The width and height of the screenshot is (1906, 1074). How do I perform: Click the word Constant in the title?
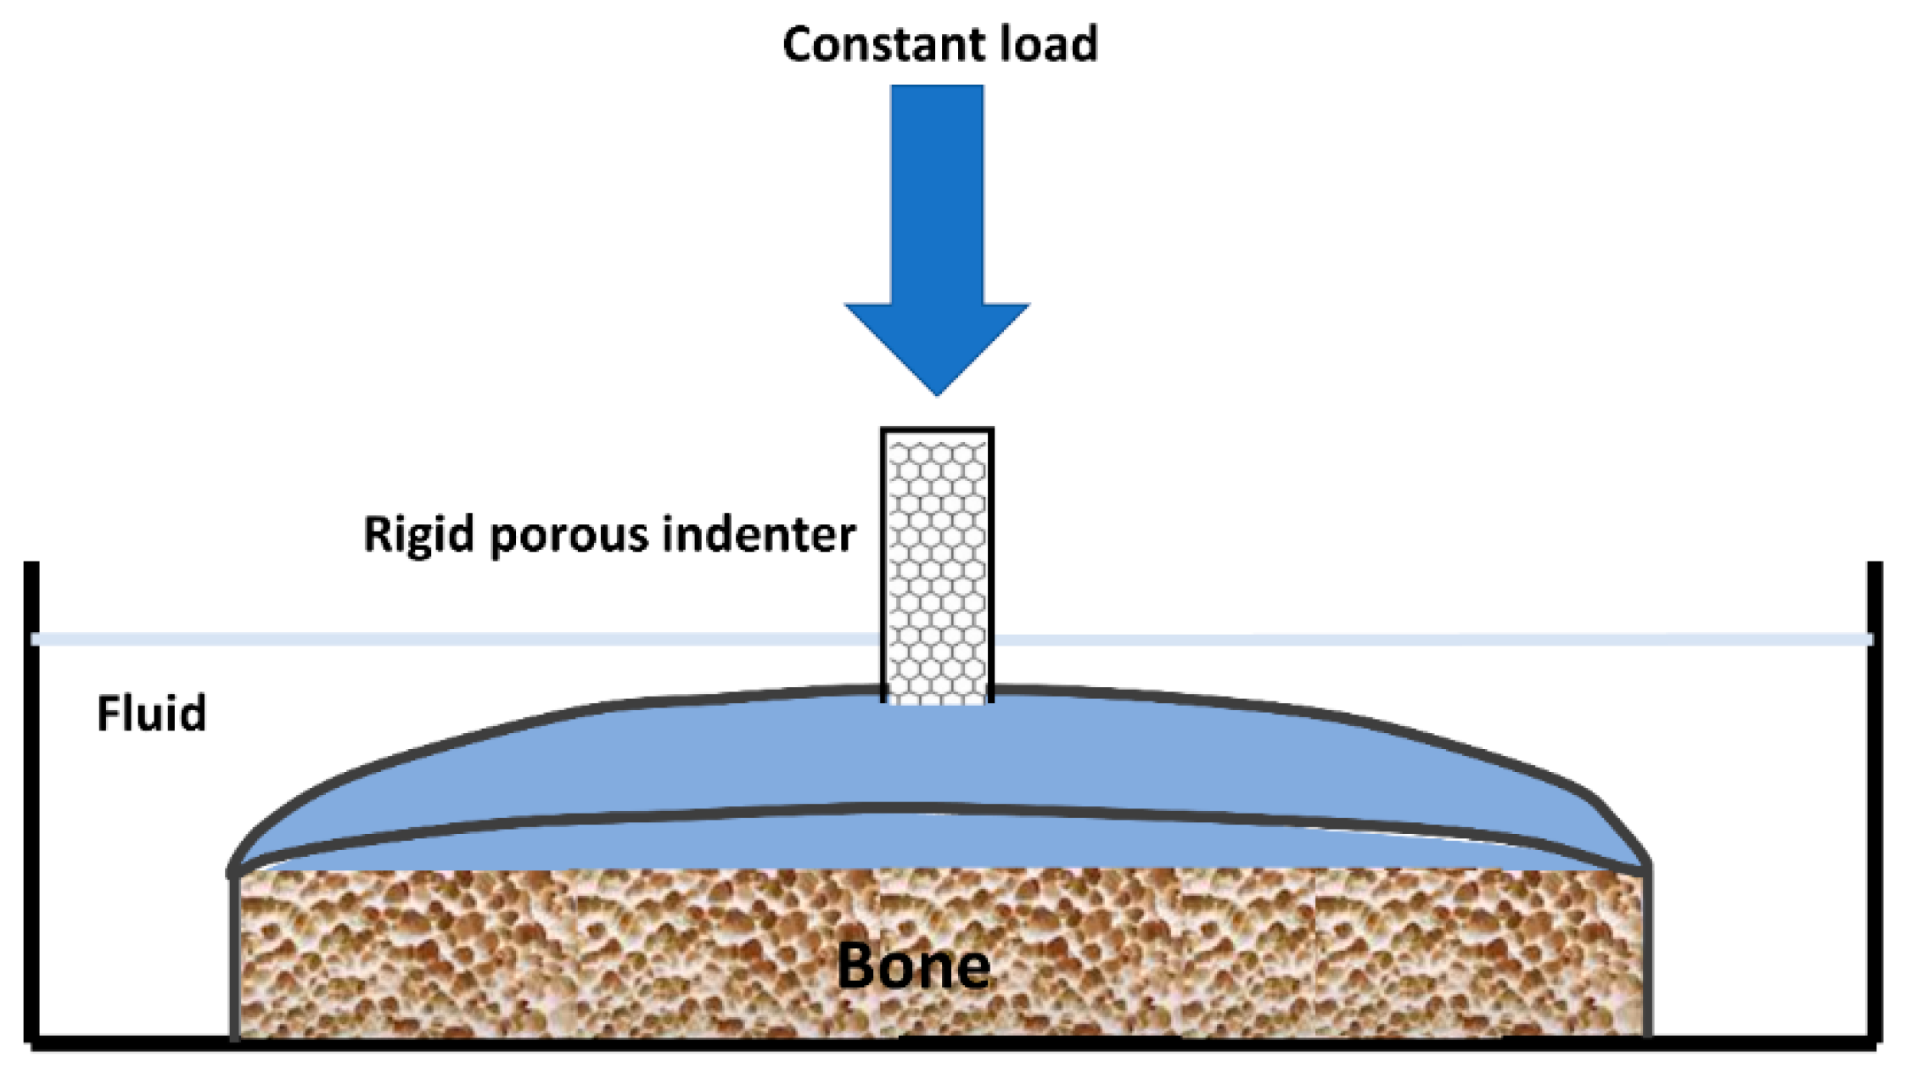pyautogui.click(x=883, y=44)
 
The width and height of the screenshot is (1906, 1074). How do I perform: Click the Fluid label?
pyautogui.click(x=151, y=713)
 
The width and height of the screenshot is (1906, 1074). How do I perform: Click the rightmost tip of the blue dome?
pyautogui.click(x=1646, y=868)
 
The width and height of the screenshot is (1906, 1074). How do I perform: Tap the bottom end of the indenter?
pyautogui.click(x=937, y=700)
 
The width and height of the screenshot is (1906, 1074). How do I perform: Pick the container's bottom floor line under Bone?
pyautogui.click(x=913, y=1042)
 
